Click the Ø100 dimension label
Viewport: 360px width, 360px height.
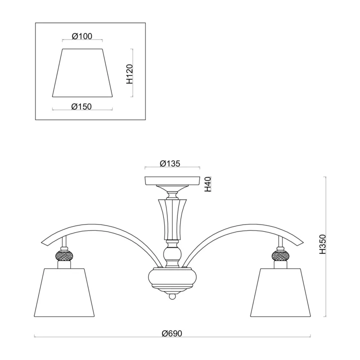[x=82, y=36]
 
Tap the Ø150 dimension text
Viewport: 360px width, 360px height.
[x=81, y=107]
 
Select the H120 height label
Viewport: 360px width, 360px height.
[x=130, y=74]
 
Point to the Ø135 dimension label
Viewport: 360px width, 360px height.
[x=170, y=163]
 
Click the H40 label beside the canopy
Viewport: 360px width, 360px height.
[x=207, y=184]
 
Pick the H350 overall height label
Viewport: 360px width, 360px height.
[x=323, y=244]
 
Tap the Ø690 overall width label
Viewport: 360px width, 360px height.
[x=172, y=333]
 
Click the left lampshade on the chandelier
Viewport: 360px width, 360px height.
[x=64, y=292]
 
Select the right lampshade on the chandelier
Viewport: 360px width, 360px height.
[x=280, y=292]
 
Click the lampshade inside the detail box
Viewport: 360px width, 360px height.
[x=82, y=73]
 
